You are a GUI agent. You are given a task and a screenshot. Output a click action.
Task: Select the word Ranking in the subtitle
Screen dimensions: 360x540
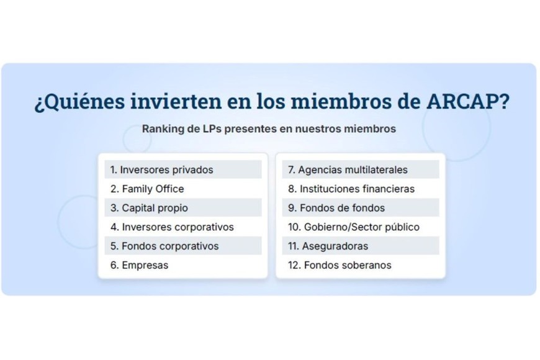pos(163,129)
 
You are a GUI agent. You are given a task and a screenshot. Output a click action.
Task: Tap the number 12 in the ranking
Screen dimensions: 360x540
pos(294,265)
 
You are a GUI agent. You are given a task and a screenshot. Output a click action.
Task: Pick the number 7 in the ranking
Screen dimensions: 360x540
pos(290,169)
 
